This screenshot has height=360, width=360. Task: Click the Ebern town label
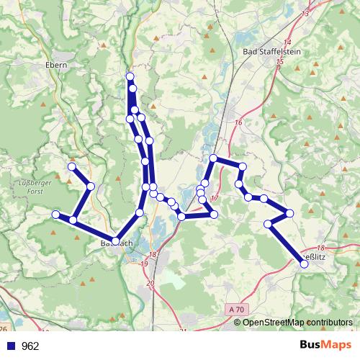[x=55, y=64]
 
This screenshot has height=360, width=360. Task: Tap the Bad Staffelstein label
[x=269, y=51]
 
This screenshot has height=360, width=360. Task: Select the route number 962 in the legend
[x=30, y=346]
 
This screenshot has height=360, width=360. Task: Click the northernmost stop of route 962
[x=130, y=76]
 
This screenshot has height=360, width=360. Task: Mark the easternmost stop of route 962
[x=304, y=264]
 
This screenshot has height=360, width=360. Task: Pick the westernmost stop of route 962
[x=55, y=214]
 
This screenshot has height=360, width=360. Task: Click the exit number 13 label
[x=305, y=14]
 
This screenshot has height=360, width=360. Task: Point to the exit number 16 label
[x=238, y=122]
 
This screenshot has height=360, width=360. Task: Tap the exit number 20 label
[x=150, y=284]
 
